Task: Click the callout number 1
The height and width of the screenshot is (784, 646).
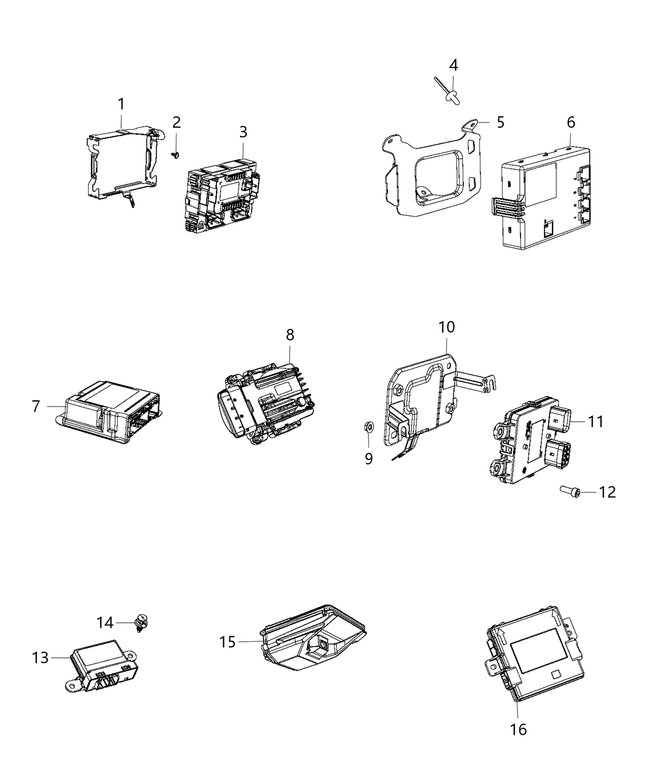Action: [x=121, y=104]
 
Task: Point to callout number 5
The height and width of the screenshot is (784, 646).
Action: [x=500, y=122]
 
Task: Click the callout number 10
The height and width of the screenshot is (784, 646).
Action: [x=446, y=327]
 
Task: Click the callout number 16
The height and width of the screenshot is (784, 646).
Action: [x=519, y=729]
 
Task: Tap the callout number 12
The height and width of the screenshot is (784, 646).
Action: [x=607, y=492]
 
